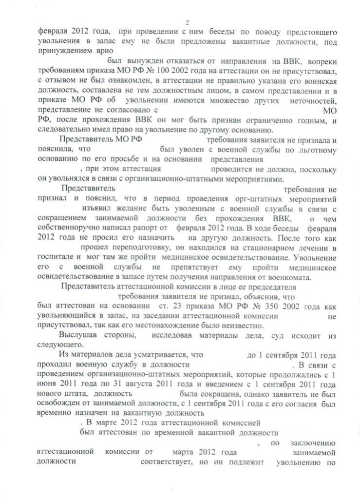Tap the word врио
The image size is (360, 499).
click(102, 50)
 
